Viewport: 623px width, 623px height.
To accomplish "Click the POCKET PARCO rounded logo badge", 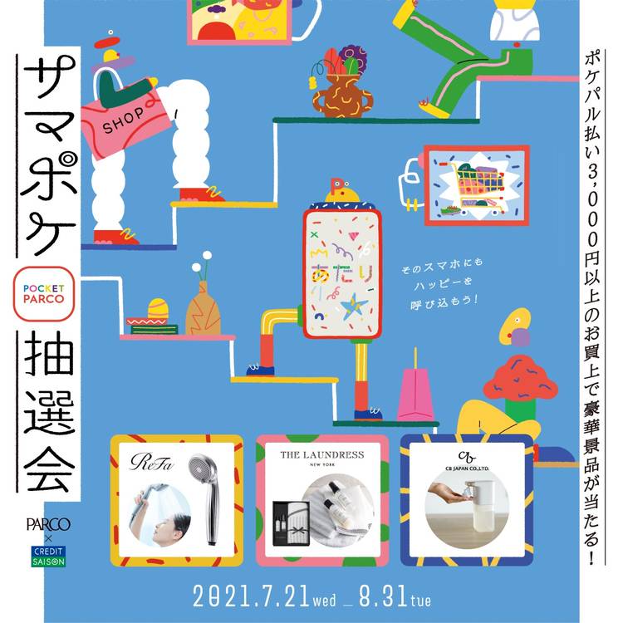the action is click(x=44, y=293).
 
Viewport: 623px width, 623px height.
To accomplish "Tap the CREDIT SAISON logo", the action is click(x=48, y=557).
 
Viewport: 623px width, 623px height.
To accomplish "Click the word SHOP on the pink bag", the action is click(x=123, y=119).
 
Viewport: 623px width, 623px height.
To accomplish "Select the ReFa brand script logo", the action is click(x=152, y=462).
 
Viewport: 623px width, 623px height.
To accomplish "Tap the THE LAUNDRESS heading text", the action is click(x=321, y=455).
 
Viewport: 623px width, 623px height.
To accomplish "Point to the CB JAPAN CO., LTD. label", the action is click(x=467, y=468).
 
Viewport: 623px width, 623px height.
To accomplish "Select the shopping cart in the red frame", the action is click(x=477, y=186).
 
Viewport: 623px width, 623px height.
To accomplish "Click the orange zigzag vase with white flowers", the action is click(x=203, y=308).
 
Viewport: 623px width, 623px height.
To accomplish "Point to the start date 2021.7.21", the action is click(x=251, y=596).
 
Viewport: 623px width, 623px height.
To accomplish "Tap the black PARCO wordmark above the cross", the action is click(x=48, y=524).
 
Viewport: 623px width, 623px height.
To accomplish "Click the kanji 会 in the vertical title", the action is click(x=49, y=468).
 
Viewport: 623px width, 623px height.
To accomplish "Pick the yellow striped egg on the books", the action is click(x=158, y=309).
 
